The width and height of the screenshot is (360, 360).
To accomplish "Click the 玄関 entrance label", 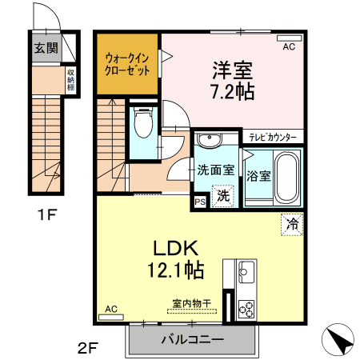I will pyautogui.click(x=45, y=47).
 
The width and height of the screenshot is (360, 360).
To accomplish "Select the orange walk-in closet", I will pyautogui.click(x=128, y=63).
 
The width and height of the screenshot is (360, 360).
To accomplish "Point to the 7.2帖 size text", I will pyautogui.click(x=232, y=90).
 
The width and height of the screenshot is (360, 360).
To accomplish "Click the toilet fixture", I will pyautogui.click(x=143, y=123).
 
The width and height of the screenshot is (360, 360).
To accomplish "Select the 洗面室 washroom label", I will pyautogui.click(x=216, y=170).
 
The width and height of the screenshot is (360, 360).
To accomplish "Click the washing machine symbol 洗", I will pyautogui.click(x=224, y=193).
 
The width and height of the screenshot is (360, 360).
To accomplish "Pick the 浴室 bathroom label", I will pyautogui.click(x=258, y=174).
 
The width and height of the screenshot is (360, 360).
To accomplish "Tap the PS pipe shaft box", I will pyautogui.click(x=199, y=202).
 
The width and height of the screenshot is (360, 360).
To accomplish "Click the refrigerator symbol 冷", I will pyautogui.click(x=292, y=224).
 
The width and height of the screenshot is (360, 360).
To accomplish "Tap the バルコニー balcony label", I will pyautogui.click(x=192, y=339).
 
